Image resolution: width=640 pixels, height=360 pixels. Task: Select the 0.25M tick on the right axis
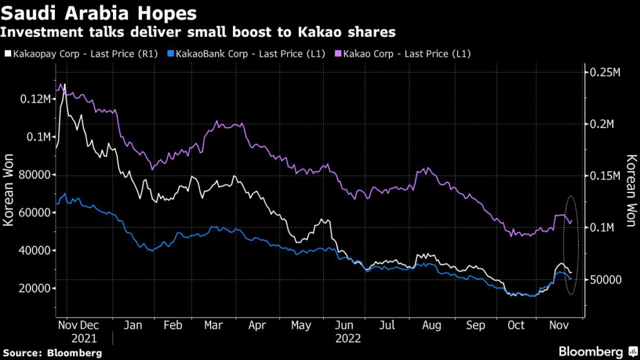[604, 72]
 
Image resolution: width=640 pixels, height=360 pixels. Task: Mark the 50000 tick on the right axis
[606, 279]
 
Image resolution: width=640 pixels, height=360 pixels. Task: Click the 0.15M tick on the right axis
[604, 176]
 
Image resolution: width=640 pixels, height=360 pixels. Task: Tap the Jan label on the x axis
[132, 326]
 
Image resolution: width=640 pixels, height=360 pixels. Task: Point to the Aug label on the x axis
[432, 326]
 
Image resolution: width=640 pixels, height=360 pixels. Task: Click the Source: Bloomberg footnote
[51, 352]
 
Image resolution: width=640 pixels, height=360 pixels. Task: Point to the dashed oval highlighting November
[570, 245]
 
